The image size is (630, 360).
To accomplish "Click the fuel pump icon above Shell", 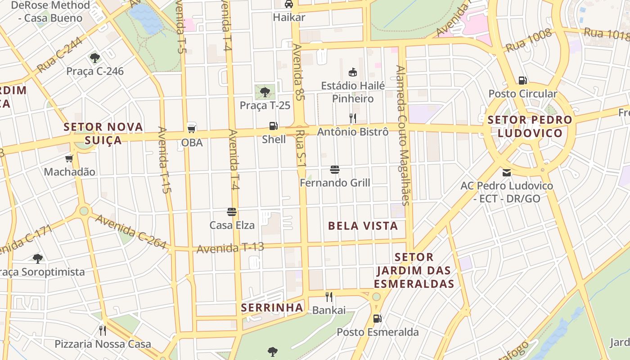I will [x=273, y=126].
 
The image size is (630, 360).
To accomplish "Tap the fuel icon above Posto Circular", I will [x=522, y=81].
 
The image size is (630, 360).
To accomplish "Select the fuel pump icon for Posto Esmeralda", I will [x=377, y=319].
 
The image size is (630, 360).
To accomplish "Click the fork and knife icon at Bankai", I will [x=329, y=297].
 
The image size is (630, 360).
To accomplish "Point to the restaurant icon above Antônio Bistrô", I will [x=353, y=118].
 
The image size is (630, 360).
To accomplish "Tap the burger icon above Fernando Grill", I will [x=334, y=170].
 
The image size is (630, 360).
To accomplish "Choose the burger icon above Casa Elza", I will [x=232, y=212].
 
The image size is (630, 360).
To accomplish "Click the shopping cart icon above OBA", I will [x=192, y=129].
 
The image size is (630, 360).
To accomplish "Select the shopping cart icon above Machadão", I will [x=69, y=158].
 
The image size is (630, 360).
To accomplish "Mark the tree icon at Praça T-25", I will [x=265, y=92].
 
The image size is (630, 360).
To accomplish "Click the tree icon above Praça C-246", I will [x=94, y=58].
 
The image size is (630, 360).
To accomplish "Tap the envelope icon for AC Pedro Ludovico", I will [x=507, y=172].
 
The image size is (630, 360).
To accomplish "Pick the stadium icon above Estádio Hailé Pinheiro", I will [x=353, y=72].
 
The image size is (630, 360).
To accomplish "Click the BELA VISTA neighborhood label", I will [x=363, y=226].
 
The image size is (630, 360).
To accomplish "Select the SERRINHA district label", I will [x=272, y=308].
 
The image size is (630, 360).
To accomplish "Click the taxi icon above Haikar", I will [x=289, y=4].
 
